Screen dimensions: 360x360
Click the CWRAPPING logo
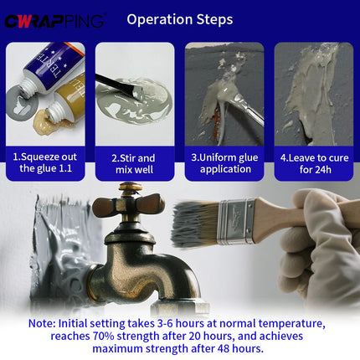55,21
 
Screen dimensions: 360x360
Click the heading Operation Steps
180,19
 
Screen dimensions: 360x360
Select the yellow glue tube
67,99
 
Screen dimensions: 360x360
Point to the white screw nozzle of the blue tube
28,85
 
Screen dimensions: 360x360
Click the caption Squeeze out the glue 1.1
45,162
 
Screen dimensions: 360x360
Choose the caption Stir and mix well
134,164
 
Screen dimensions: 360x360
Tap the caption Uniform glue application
224,163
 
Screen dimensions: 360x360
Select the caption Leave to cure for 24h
315,163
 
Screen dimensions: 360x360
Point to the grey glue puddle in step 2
134,102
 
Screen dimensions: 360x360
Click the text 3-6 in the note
165,323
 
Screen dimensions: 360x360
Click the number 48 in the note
223,348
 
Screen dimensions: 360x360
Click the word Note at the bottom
42,323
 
